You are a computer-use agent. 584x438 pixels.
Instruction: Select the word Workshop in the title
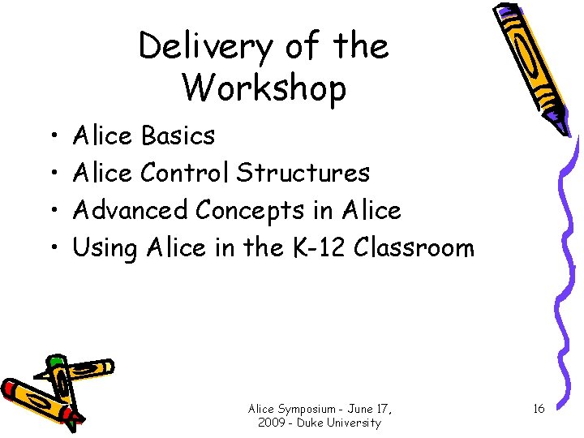[x=264, y=87]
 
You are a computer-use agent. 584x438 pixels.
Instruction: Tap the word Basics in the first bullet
[x=178, y=135]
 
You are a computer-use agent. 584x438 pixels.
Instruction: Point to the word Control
[x=185, y=173]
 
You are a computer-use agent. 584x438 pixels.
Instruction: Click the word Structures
[x=303, y=173]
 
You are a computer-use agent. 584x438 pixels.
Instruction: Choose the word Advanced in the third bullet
[x=131, y=210]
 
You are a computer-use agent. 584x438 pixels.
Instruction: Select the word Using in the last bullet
[x=105, y=248]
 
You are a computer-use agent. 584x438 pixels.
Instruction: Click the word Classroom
[x=414, y=247]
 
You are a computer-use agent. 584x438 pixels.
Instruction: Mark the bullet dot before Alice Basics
[x=51, y=136]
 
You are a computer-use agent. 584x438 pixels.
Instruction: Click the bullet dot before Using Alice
[x=51, y=248]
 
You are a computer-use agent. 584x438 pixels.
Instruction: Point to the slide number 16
[x=539, y=409]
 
